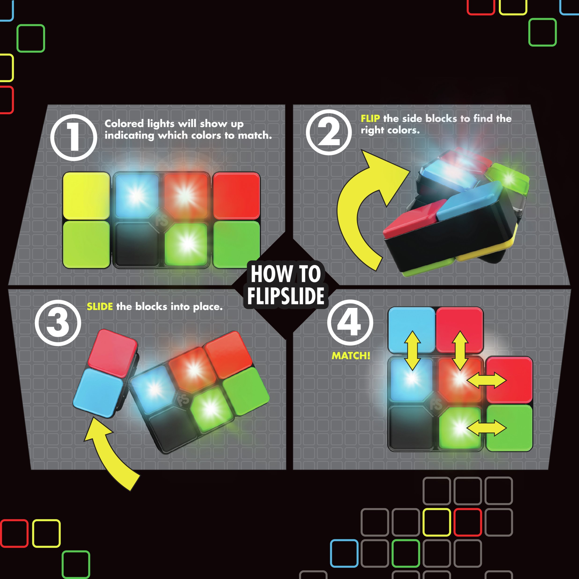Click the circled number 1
[74, 138]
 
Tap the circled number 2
[329, 132]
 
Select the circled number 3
[58, 323]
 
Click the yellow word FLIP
[370, 118]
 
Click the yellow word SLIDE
[100, 307]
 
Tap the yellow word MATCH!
[351, 356]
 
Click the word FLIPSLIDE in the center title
[286, 296]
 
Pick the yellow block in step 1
[86, 196]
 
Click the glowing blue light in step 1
[136, 195]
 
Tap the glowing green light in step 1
[187, 244]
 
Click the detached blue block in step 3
[98, 393]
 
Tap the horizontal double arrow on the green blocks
[486, 428]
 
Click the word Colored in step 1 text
[124, 124]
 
